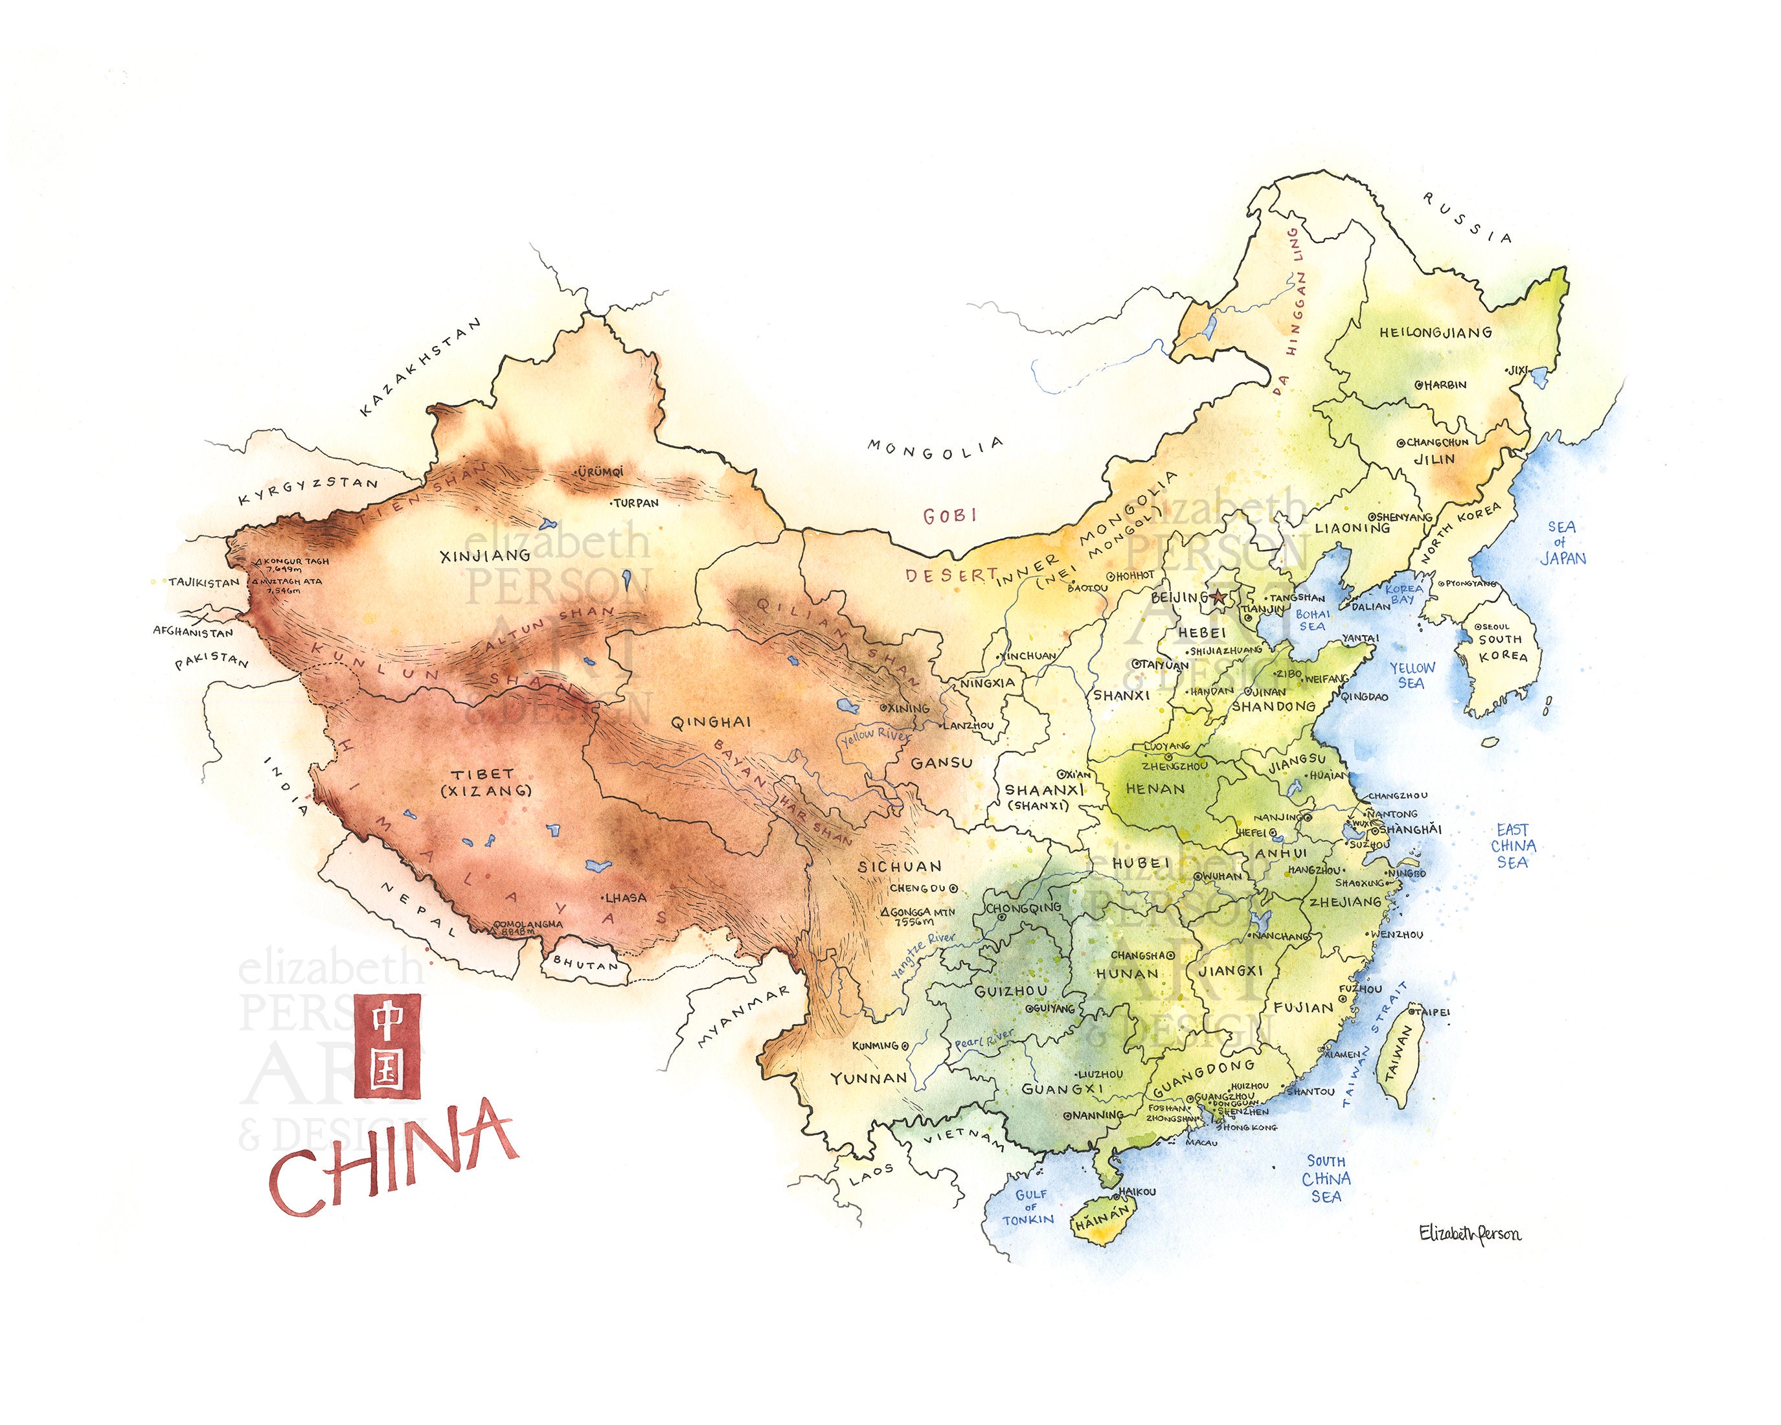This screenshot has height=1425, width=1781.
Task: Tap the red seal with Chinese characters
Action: pyautogui.click(x=387, y=1047)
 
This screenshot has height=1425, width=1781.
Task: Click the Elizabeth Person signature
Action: pyautogui.click(x=1469, y=1234)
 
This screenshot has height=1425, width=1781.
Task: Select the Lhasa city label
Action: pyautogui.click(x=626, y=898)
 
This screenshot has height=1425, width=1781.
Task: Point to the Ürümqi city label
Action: pyautogui.click(x=600, y=472)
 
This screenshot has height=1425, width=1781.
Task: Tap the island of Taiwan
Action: pyautogui.click(x=1398, y=1065)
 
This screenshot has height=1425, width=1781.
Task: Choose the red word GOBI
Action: pyautogui.click(x=950, y=516)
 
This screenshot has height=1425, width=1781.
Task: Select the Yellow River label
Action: pyautogui.click(x=874, y=736)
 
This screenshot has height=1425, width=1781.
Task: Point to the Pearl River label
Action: pyautogui.click(x=983, y=1039)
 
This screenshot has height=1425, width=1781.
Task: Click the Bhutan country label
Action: pyautogui.click(x=585, y=963)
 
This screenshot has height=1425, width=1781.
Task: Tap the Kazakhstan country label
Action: pyautogui.click(x=420, y=368)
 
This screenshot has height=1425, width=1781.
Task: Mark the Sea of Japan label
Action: pyautogui.click(x=1562, y=543)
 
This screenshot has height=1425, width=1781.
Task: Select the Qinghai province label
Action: pyautogui.click(x=710, y=722)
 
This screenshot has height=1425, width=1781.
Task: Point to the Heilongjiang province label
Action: pyautogui.click(x=1436, y=333)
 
